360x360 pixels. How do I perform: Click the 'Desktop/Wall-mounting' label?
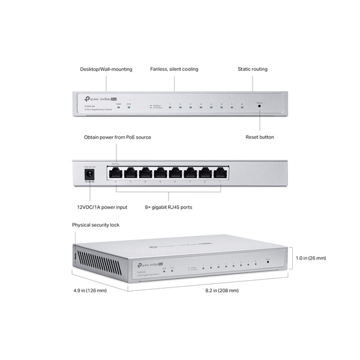[x=106, y=70]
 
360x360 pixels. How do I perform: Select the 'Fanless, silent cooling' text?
[x=174, y=70]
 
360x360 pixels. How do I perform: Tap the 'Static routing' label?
[x=251, y=70]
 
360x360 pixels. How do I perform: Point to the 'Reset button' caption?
[x=259, y=137]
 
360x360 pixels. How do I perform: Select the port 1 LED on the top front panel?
[x=170, y=108]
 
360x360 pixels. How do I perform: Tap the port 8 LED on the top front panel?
[x=242, y=108]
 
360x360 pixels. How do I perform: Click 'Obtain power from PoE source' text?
[x=118, y=137]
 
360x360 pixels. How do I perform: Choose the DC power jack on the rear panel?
[x=90, y=173]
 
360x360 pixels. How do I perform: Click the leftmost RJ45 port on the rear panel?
[x=115, y=173]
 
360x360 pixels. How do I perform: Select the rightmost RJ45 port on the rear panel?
[x=221, y=173]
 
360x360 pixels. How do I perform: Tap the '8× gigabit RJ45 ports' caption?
[x=169, y=207]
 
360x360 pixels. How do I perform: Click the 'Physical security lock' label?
[x=96, y=225]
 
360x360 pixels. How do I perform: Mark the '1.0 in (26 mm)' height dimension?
[x=311, y=258]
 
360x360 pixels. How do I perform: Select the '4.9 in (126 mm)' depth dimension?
[x=89, y=290]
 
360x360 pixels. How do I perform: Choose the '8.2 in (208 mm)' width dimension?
[x=222, y=290]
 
